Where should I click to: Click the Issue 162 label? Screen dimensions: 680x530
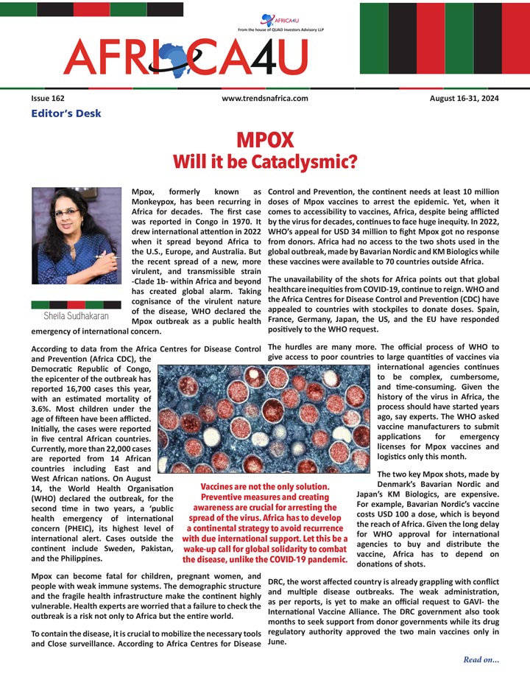(48, 98)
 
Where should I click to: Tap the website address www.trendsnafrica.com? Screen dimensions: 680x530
(264, 98)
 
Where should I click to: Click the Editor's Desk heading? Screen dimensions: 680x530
(66, 113)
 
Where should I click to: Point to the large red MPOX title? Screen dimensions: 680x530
(265, 140)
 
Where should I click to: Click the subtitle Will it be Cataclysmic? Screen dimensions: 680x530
(265, 160)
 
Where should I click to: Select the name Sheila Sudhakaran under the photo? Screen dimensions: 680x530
(77, 315)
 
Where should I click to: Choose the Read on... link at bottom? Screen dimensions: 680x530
(481, 659)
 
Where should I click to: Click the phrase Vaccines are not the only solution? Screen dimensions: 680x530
(265, 487)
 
